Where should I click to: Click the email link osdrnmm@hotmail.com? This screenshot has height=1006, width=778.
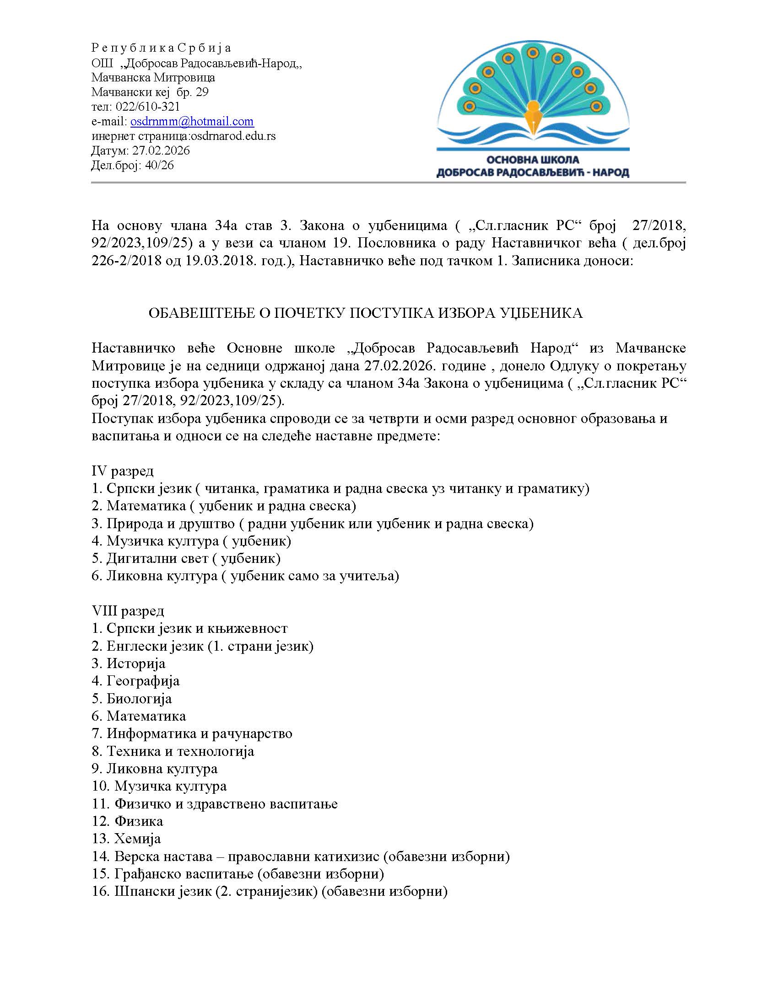click(x=192, y=122)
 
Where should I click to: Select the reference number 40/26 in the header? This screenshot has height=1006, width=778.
click(x=159, y=166)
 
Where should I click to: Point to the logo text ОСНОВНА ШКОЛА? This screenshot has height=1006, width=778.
click(x=533, y=160)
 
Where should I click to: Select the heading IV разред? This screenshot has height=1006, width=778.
click(x=123, y=471)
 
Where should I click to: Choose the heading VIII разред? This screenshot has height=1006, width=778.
click(x=128, y=611)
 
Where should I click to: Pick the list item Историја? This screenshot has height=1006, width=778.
click(x=136, y=664)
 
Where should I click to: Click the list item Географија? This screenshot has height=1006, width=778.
click(x=143, y=681)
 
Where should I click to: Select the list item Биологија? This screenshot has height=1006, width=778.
click(x=139, y=699)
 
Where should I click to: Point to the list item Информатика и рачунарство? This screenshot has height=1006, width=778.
click(x=199, y=734)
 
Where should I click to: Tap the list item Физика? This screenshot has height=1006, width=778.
click(x=139, y=821)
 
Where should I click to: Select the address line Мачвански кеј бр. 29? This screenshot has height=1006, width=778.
click(x=150, y=92)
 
